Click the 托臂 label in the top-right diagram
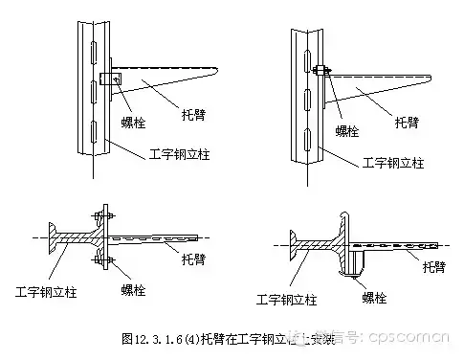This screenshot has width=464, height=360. pyautogui.click(x=407, y=123)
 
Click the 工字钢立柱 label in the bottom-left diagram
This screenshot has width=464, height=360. pyautogui.click(x=49, y=286)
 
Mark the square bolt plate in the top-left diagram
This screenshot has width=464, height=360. pyautogui.click(x=107, y=79)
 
